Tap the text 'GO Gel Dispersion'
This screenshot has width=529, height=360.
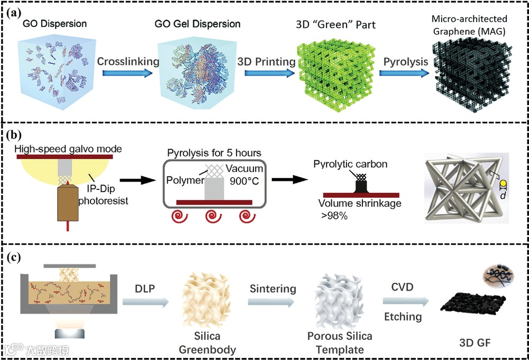(197, 24)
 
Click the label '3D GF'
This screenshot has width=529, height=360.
(476, 345)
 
